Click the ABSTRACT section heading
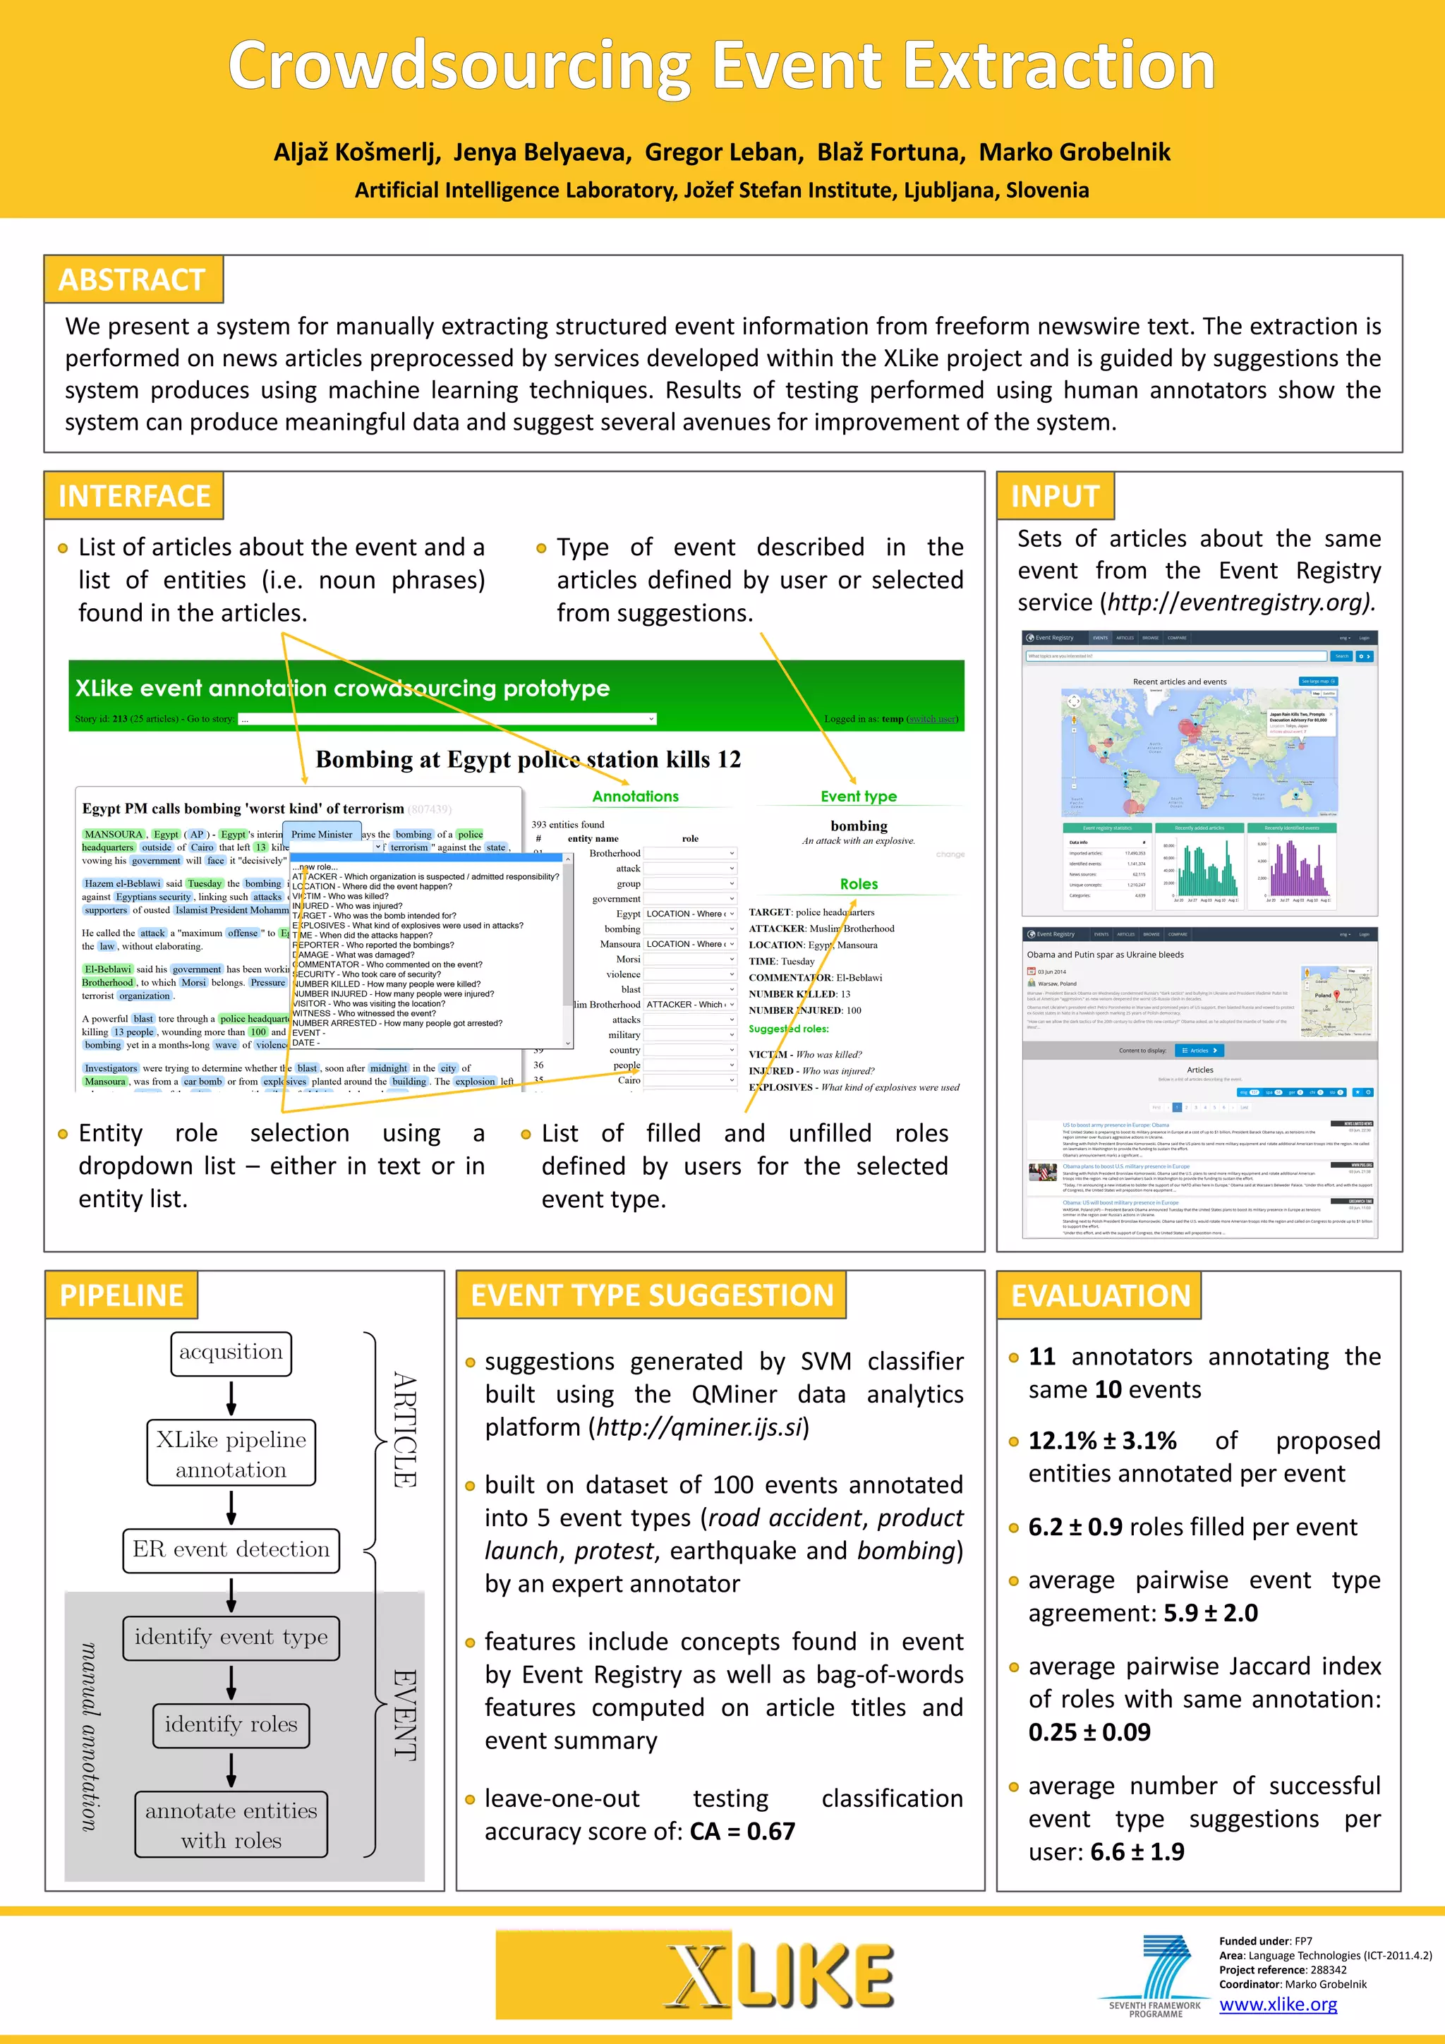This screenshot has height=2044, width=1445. point(132,280)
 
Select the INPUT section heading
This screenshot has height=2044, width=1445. point(1055,496)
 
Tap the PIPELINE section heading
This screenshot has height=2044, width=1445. point(121,1295)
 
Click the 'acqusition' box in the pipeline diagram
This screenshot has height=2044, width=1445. point(231,1353)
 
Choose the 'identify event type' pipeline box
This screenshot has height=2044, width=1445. point(231,1637)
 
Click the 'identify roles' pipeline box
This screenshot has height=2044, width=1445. point(231,1724)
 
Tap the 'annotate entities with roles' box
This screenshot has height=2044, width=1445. point(231,1825)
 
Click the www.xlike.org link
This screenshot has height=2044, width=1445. point(1278,2004)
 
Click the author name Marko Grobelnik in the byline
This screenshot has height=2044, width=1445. point(1075,152)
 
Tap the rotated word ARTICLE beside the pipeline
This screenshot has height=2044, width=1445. point(404,1429)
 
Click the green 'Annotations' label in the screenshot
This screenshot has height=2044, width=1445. point(635,797)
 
